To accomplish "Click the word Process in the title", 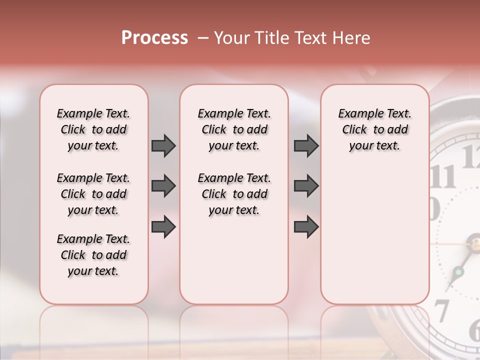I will coord(154,38).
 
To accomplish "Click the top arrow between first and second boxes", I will coord(163,145).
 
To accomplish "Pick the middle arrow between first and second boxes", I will coord(163,186).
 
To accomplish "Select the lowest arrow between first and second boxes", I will coord(163,227).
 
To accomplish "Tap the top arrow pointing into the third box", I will coord(306,145).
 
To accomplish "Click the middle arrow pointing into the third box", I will coord(306,186).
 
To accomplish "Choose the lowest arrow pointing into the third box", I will coord(306,227).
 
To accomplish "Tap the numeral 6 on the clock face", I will coord(474,330).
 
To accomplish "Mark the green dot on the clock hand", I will coord(457,272).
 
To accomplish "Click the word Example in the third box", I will coord(357,113).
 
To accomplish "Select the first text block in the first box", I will coord(93,129).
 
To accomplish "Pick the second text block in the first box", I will coord(93,194).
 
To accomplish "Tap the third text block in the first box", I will coord(93,255).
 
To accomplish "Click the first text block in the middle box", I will coord(234,129).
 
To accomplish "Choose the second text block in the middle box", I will coord(234,194).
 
